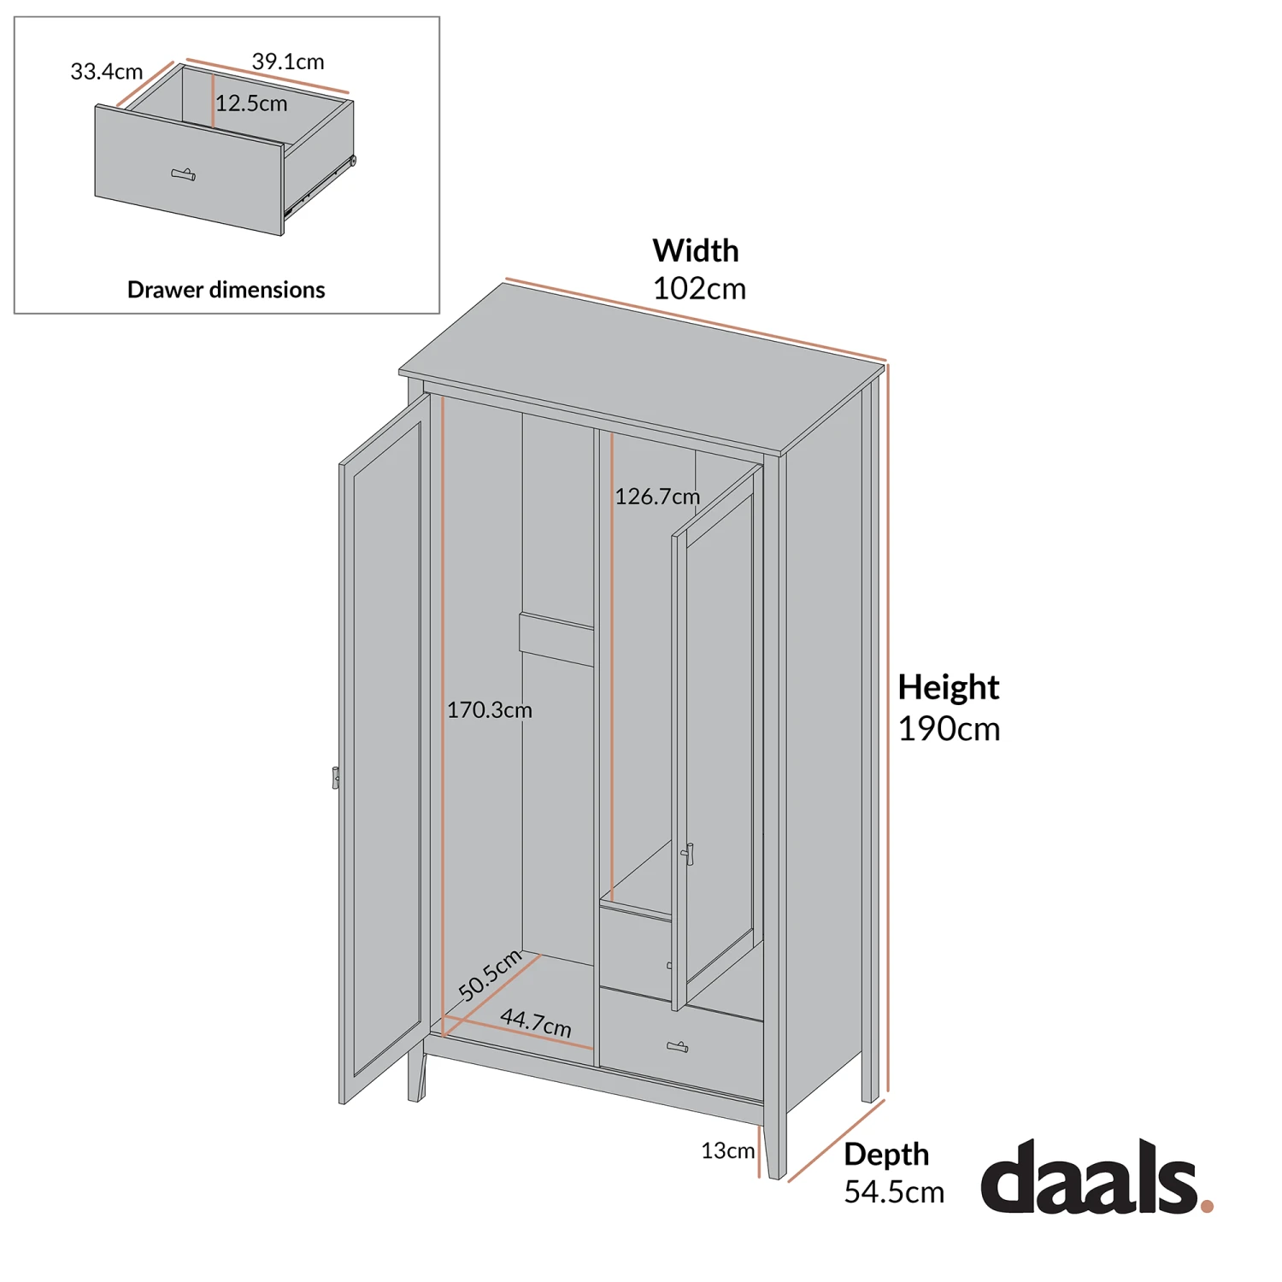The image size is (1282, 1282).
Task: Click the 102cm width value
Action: point(699,289)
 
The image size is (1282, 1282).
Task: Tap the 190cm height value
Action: point(949,729)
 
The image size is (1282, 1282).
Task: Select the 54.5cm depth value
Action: point(894,1192)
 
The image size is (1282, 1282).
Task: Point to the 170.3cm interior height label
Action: point(490,710)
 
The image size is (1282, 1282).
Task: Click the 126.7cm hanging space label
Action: point(657,497)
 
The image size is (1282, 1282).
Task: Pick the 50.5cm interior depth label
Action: point(490,975)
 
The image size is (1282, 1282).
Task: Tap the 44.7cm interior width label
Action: point(536,1022)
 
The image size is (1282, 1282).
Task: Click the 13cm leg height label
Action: point(728,1151)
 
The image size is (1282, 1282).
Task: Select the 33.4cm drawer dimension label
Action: point(106,72)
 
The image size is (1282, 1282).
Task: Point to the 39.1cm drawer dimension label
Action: point(288,62)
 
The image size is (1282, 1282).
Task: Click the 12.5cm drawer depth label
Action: point(251,104)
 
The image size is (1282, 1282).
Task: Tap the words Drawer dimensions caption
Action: point(226,290)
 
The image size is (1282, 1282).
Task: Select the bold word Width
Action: point(696,250)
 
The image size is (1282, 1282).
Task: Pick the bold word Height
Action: point(948,687)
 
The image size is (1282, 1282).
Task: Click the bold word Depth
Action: point(886,1154)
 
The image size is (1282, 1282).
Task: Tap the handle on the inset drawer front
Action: point(184,174)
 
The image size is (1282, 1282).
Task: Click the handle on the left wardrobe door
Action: point(336,778)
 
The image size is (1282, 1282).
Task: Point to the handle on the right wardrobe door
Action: point(689,854)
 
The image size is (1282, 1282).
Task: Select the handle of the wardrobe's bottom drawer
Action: point(678,1047)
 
